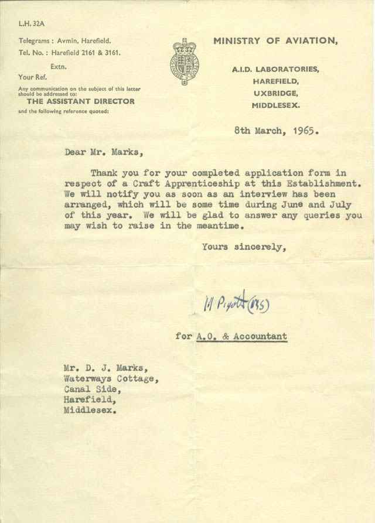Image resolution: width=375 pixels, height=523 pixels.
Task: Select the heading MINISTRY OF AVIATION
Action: [275, 40]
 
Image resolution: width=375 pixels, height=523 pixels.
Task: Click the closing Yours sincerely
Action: [244, 247]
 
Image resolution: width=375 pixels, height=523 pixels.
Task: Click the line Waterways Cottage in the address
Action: [110, 379]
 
